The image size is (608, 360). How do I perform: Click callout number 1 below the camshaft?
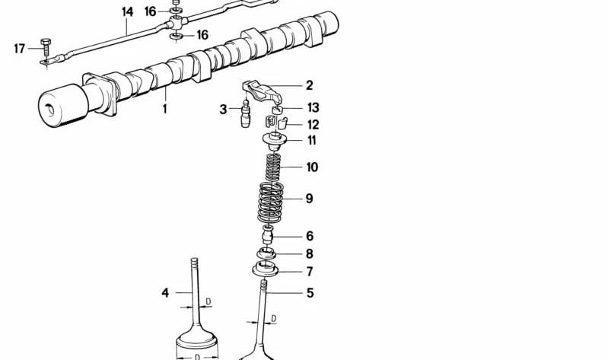(x=164, y=109)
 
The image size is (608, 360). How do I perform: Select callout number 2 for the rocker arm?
(x=310, y=85)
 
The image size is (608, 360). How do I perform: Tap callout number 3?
(x=224, y=110)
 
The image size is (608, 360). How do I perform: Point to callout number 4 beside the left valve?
(x=164, y=292)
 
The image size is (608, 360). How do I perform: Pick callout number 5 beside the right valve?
(x=310, y=292)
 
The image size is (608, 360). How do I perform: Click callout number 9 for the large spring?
(x=309, y=199)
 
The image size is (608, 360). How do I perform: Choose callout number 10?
(x=312, y=167)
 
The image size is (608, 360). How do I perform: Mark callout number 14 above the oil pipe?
(x=126, y=11)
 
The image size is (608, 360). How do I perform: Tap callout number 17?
(x=20, y=49)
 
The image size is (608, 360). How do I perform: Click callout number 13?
(x=313, y=107)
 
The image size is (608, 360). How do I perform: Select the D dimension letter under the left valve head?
(x=196, y=355)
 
